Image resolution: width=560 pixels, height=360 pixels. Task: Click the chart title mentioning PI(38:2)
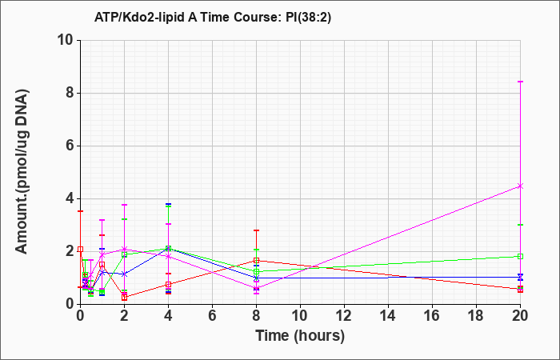pos(213,17)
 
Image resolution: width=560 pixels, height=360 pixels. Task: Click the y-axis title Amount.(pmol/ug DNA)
pos(22,172)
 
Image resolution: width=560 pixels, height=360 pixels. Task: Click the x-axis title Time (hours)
pos(300,336)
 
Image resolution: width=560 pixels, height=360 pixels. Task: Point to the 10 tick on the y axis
pos(68,40)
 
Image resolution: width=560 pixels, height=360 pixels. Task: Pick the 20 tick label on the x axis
pos(520,316)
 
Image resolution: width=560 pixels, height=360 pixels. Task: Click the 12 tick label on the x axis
pos(344,316)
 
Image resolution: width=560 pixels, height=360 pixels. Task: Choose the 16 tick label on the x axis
pos(432,316)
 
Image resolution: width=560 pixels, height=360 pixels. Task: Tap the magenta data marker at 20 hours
pos(520,186)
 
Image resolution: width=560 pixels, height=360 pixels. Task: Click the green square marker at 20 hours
pos(520,257)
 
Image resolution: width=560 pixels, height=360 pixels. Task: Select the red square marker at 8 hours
pos(257,261)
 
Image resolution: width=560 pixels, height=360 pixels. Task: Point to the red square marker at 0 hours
pos(80,250)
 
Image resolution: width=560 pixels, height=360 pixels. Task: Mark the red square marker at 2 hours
pos(124,297)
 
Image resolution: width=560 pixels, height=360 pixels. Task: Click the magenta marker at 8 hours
pos(257,288)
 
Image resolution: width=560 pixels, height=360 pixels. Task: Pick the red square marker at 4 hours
pos(168,285)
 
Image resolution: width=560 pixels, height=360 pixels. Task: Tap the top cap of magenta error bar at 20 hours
pos(520,82)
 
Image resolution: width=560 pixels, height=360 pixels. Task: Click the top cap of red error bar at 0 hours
pos(80,211)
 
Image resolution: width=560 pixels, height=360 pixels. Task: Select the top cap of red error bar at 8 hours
pos(257,230)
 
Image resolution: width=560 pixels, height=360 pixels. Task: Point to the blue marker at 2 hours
pos(124,274)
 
